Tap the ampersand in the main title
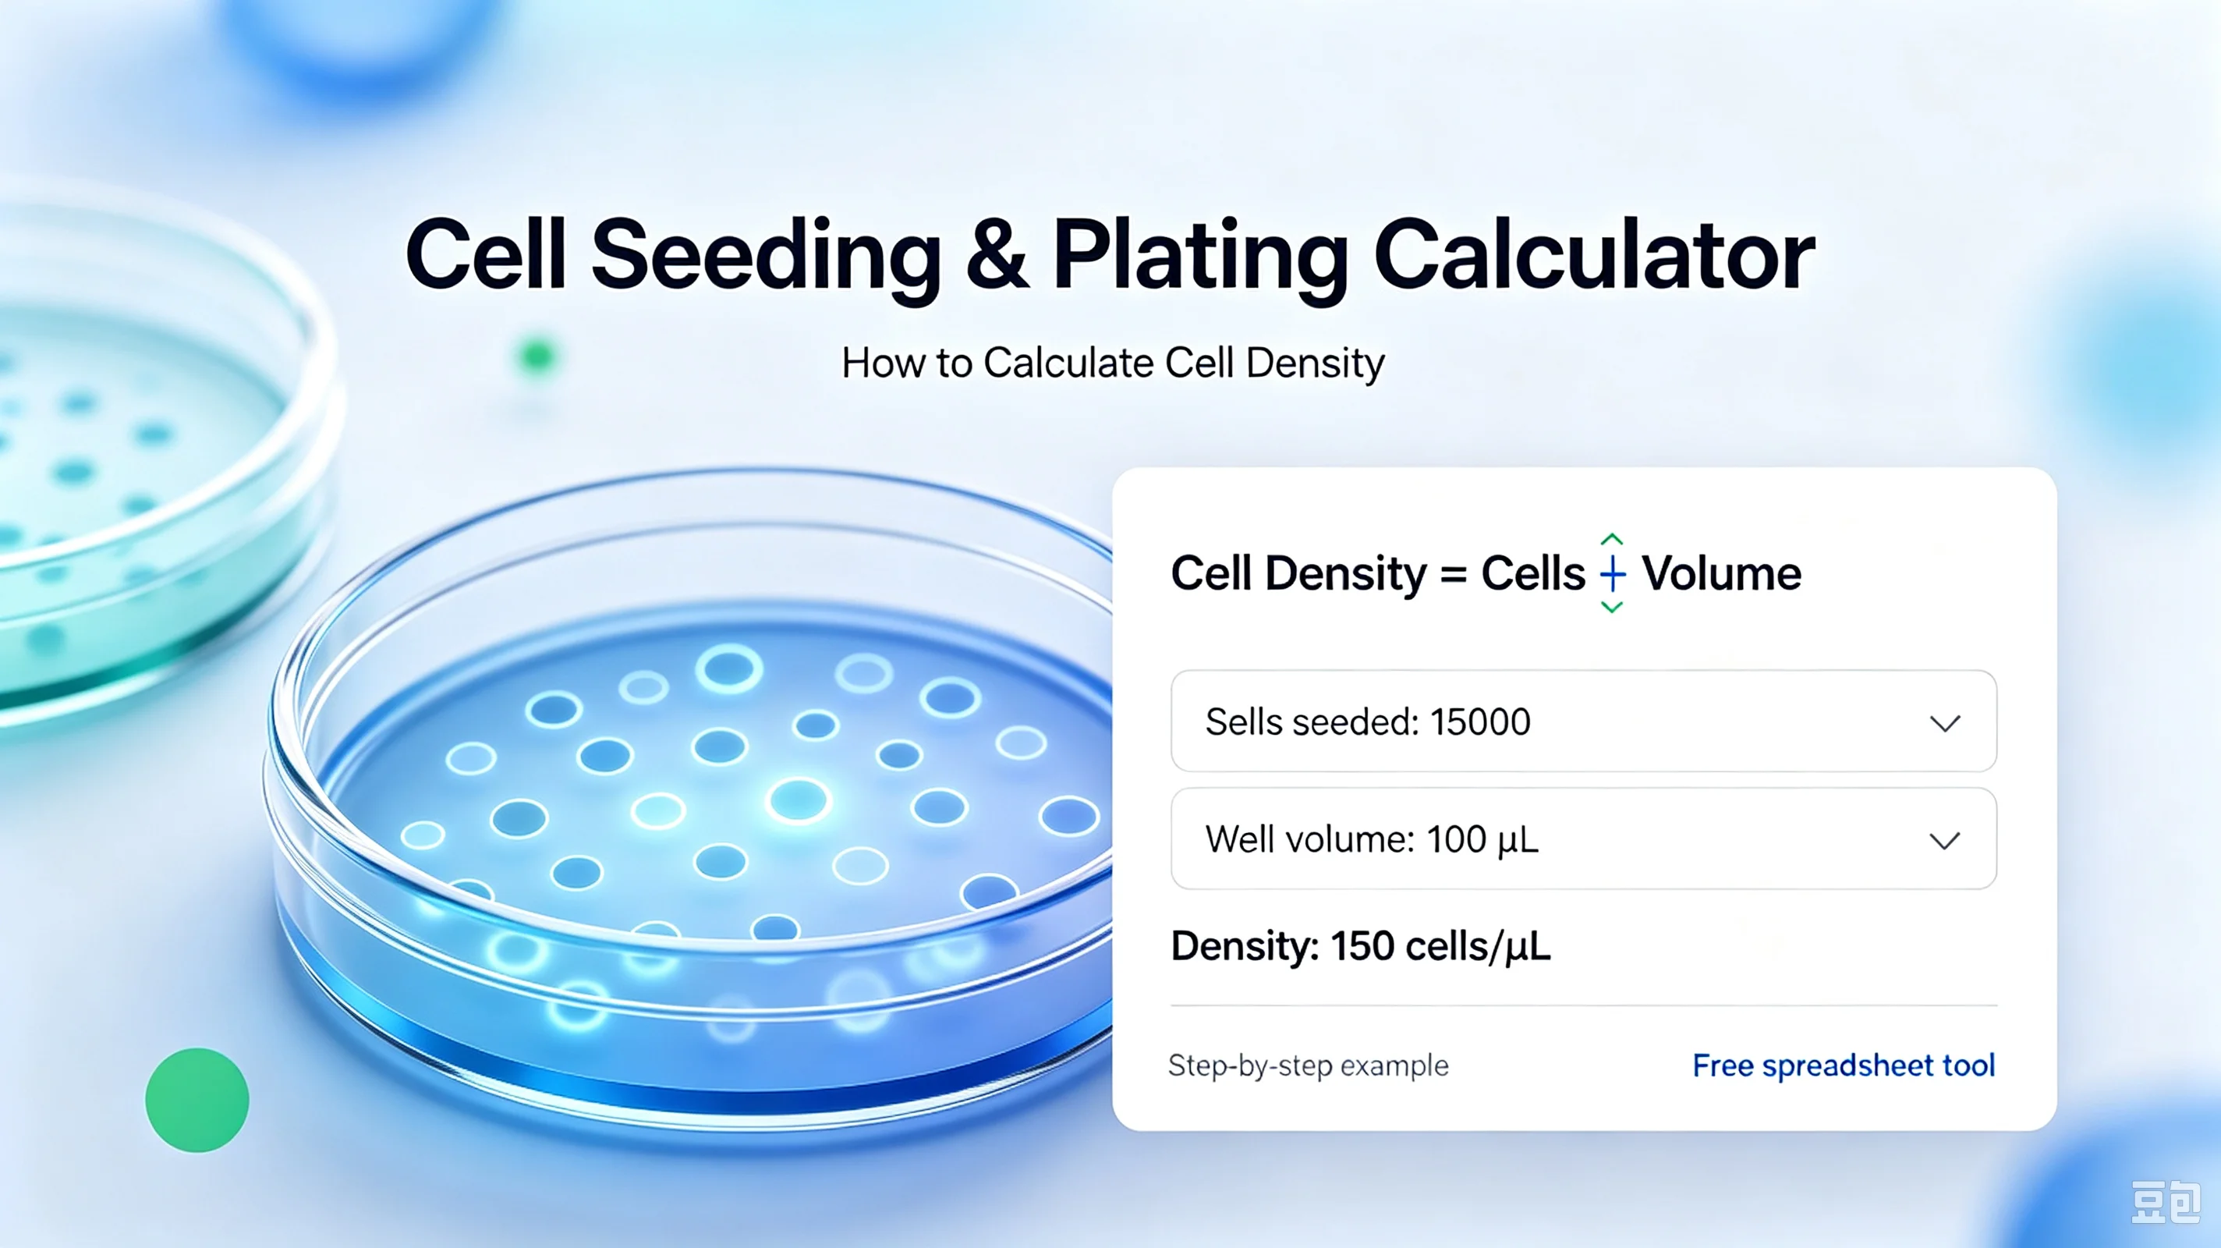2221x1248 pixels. [x=997, y=255]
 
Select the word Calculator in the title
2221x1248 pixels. [x=1594, y=255]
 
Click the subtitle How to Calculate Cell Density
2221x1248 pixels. [x=1113, y=363]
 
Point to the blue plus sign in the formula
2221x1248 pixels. [x=1612, y=573]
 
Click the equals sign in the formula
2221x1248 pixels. [x=1454, y=574]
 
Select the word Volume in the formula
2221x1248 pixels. [x=1721, y=573]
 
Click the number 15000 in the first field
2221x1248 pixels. [x=1479, y=722]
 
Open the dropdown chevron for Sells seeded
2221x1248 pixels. [x=1945, y=723]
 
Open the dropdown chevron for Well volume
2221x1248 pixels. [x=1945, y=840]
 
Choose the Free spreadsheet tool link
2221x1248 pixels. [x=1844, y=1066]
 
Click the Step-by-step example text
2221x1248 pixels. [x=1308, y=1066]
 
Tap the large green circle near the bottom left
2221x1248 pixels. [x=197, y=1100]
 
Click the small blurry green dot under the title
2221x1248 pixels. [x=537, y=356]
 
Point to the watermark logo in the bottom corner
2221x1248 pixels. [x=2166, y=1202]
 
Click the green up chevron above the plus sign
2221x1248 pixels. [x=1611, y=540]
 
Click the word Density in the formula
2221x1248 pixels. [x=1346, y=574]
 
